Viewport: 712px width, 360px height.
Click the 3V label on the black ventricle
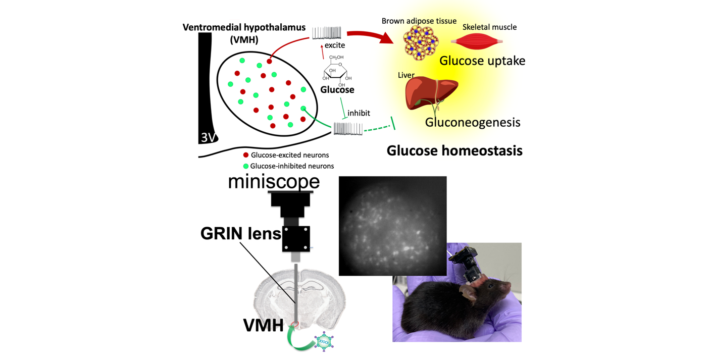pos(208,137)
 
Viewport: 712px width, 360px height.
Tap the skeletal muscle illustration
pos(477,41)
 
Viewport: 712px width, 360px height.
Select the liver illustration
pos(431,94)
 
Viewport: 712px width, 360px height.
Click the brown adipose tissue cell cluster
pos(421,43)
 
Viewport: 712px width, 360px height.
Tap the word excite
pos(335,45)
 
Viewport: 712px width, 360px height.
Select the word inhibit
pos(359,113)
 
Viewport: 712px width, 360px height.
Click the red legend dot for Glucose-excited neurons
pos(246,155)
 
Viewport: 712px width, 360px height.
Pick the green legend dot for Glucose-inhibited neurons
pos(246,166)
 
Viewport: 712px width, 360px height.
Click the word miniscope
pos(274,182)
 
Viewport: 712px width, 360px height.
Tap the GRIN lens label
pos(241,234)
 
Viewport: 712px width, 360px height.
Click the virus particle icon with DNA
pos(324,342)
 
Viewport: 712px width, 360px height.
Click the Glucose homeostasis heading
pos(454,150)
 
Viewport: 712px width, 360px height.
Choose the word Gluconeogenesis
pos(473,122)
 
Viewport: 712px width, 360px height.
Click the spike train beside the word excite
pos(327,33)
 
